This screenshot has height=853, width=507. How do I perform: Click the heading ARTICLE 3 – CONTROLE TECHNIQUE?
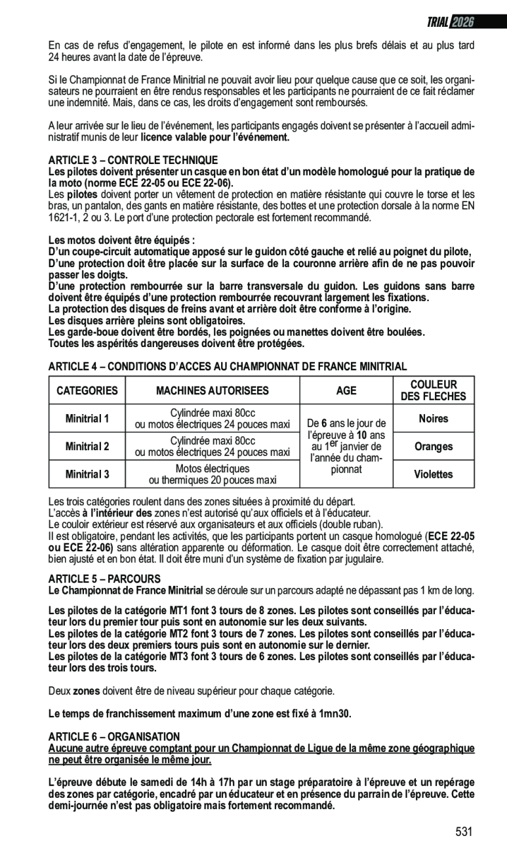pos(133,161)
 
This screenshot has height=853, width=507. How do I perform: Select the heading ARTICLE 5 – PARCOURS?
pos(104,579)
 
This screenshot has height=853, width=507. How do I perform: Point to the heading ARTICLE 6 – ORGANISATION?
pos(114,737)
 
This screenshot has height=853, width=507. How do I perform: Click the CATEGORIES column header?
pos(87,391)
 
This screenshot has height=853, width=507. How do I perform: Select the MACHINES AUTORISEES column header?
pos(212,391)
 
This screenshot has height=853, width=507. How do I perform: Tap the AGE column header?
pos(346,391)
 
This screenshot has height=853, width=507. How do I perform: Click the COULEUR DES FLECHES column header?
pos(433,390)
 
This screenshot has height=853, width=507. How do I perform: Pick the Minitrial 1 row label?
pos(87,419)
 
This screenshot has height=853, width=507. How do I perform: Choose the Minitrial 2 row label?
pos(87,447)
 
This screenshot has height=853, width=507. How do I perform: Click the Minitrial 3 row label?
pos(87,474)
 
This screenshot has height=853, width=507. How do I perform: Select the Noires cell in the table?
pos(433,419)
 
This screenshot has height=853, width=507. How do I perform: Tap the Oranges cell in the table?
pos(433,447)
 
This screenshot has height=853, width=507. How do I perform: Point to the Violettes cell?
pos(433,474)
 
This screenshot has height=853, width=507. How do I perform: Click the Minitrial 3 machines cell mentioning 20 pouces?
pos(212,474)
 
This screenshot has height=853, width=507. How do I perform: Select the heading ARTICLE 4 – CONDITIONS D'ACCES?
pos(228,366)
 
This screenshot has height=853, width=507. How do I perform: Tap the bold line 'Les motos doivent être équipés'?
pos(122,241)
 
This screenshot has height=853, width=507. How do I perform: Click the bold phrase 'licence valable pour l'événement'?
pos(214,138)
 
